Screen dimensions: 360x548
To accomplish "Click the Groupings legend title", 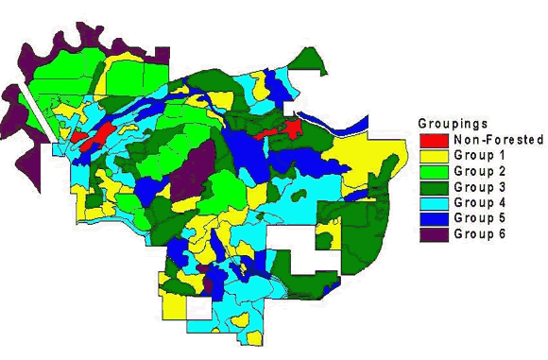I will (x=454, y=124).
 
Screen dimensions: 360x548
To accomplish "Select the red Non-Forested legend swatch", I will (x=434, y=140).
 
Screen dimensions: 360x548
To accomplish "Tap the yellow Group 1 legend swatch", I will (x=434, y=155).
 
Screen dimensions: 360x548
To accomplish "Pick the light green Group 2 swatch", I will (x=434, y=171).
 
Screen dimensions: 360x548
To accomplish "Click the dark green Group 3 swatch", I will (x=434, y=186).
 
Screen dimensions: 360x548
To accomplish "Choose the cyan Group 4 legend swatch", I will (x=434, y=202).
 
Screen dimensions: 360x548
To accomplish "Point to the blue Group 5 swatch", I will (x=434, y=217).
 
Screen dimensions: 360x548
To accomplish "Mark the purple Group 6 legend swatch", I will (x=434, y=233).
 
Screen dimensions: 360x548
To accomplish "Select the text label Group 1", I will (x=480, y=155).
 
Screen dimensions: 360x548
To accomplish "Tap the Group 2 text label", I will (x=480, y=171).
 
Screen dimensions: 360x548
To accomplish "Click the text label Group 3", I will (x=480, y=186).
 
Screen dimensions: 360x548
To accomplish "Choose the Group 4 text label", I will (x=480, y=202).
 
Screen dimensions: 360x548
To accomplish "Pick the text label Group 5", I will (x=480, y=217).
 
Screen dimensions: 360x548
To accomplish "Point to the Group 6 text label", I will (x=480, y=233).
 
